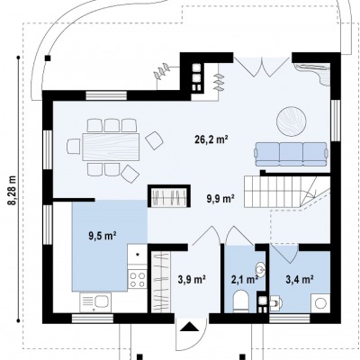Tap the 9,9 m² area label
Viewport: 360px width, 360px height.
(220, 198)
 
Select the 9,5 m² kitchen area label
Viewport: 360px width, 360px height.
(103, 236)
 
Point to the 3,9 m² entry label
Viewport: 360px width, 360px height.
(192, 280)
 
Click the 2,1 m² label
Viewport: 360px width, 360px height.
(245, 280)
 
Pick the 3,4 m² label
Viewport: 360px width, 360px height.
(300, 280)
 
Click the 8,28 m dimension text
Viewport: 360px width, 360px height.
(13, 190)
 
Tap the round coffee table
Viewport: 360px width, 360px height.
(292, 121)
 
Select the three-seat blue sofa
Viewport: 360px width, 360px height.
(291, 154)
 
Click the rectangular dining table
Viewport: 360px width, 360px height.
(111, 147)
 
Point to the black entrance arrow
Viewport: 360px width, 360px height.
(189, 327)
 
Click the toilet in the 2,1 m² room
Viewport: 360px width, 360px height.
(240, 301)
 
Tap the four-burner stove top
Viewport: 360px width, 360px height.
(138, 279)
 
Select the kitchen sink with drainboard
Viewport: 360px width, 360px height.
(95, 302)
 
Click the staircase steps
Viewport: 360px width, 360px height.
(287, 192)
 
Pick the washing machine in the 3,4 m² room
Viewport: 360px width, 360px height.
(320, 303)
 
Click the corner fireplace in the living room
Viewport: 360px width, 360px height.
(313, 73)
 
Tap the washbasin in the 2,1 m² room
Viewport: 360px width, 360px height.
(261, 268)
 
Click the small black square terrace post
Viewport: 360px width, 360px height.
(48, 58)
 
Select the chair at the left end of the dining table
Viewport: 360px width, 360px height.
(74, 147)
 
